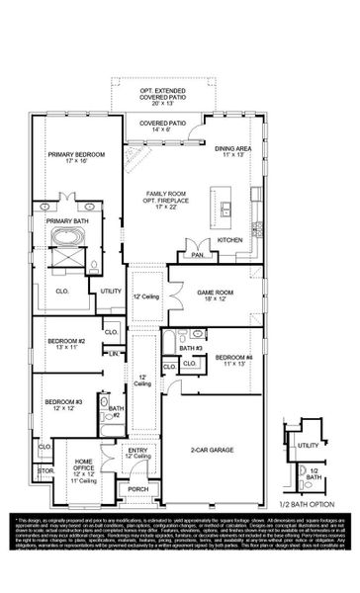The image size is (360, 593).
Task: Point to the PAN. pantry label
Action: [x=198, y=254]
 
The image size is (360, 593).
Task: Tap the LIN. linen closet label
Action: [x=114, y=353]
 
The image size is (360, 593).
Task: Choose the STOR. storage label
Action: [x=45, y=471]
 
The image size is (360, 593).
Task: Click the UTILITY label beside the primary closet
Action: [x=110, y=292]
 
